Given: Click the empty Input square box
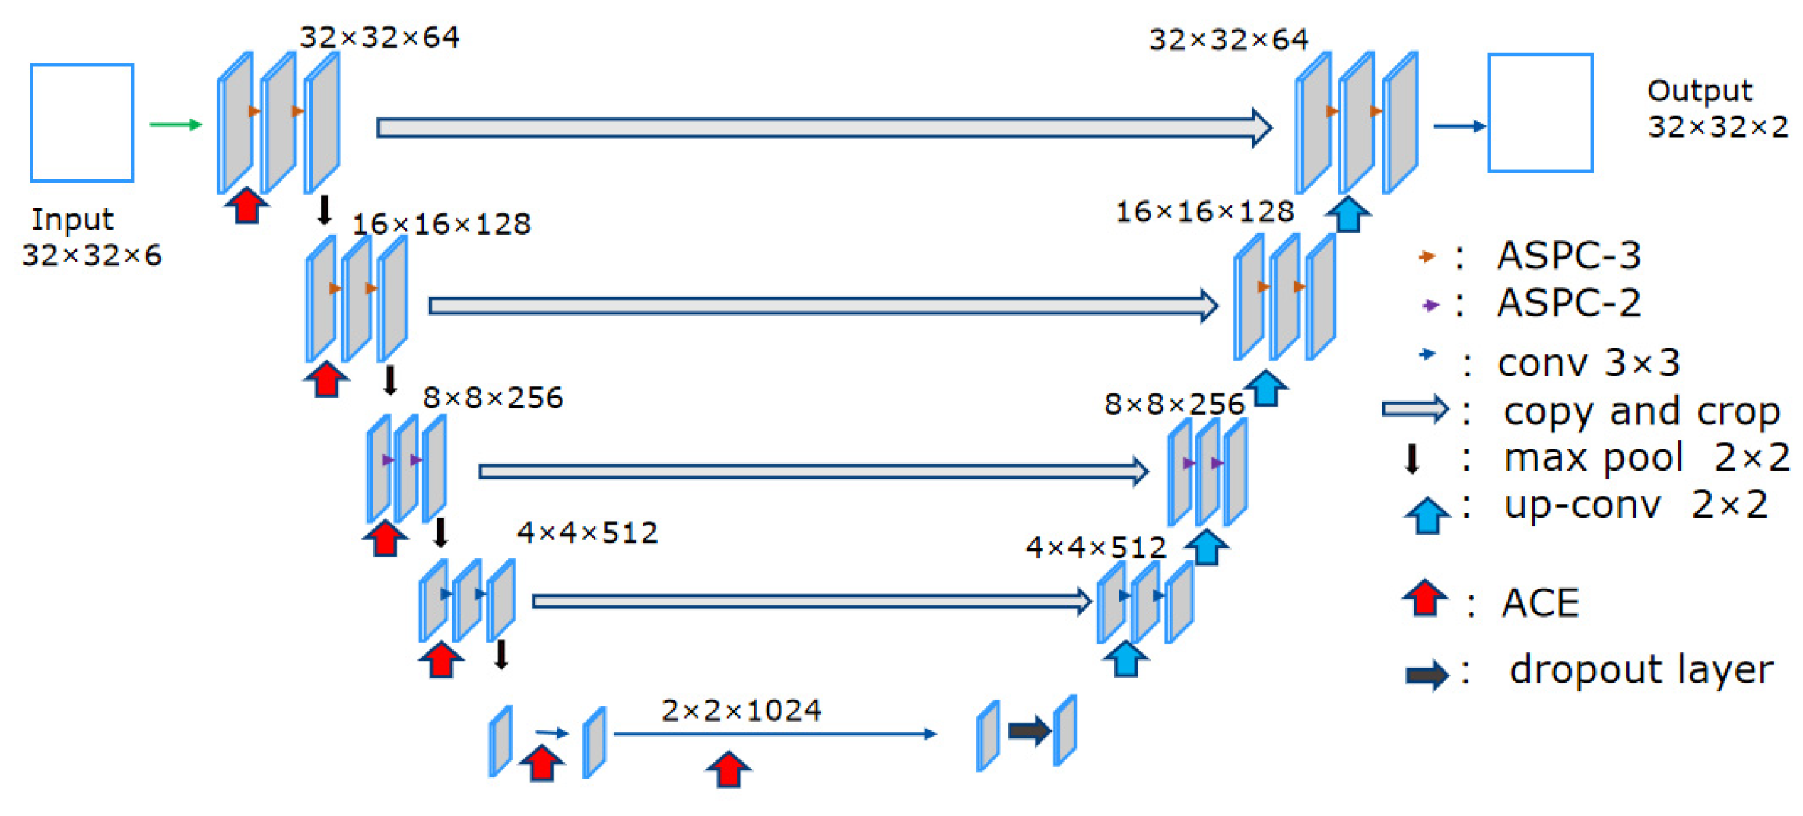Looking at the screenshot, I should [x=82, y=122].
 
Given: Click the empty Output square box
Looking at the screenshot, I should [x=1540, y=113].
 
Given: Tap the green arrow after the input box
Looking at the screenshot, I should [x=175, y=124].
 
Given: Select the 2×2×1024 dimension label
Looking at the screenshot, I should [x=741, y=710].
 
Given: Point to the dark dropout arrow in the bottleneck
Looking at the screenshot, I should [x=1029, y=732].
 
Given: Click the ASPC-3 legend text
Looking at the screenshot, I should [x=1568, y=256].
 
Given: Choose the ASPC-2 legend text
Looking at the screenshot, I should [x=1568, y=303].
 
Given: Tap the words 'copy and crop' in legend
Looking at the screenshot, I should [x=1641, y=411].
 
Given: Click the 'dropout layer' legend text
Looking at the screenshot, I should [x=1641, y=670].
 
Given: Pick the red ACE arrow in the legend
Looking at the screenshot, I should [x=1424, y=598].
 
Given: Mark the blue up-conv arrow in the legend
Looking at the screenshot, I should [x=1427, y=515].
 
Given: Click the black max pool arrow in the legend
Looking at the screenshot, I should [x=1412, y=459].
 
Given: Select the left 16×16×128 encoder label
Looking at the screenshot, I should [x=441, y=224].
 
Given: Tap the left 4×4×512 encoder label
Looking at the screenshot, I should [x=587, y=532].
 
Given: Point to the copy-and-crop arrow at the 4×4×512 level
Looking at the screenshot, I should [x=811, y=602].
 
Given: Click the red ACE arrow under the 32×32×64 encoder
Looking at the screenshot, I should [x=246, y=205].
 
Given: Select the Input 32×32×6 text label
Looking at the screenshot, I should [x=91, y=237].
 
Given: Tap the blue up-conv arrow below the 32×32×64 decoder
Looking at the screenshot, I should [x=1347, y=214].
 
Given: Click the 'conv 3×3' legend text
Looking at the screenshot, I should [x=1588, y=363].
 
